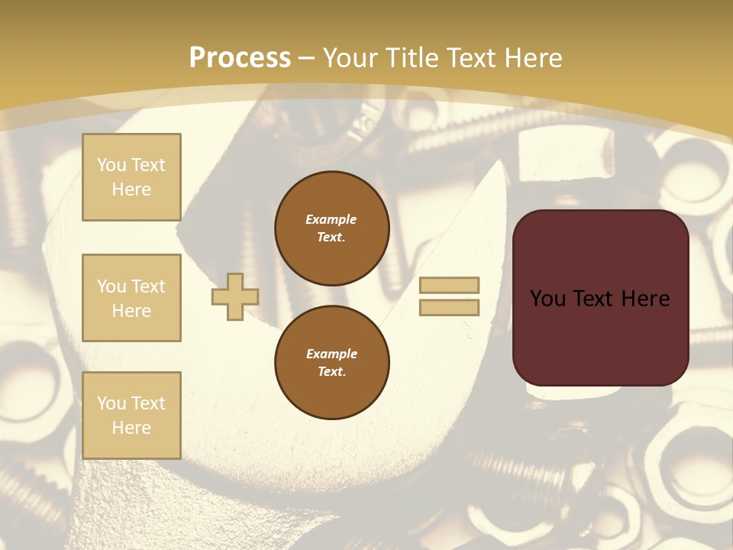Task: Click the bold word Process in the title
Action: (x=240, y=58)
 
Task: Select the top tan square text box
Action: (x=131, y=177)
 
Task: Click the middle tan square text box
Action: (x=131, y=298)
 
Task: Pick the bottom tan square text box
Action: (x=131, y=416)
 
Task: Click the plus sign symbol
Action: (x=235, y=296)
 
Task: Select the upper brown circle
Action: (x=331, y=228)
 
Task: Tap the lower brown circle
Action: (x=331, y=363)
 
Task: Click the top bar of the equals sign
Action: (x=449, y=286)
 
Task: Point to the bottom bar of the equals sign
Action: (x=449, y=308)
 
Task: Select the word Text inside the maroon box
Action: (x=593, y=299)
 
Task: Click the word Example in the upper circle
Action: (x=331, y=219)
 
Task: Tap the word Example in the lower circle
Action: (x=331, y=354)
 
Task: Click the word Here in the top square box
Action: (x=131, y=189)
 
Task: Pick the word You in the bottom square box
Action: (x=111, y=403)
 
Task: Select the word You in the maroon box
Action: (x=547, y=299)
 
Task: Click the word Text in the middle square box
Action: (x=147, y=286)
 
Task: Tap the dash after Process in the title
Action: (x=307, y=58)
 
